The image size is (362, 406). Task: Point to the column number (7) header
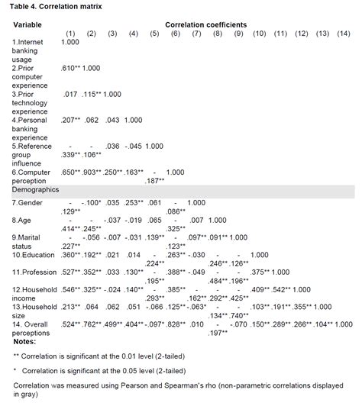click(x=196, y=33)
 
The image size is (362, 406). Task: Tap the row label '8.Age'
click(x=21, y=219)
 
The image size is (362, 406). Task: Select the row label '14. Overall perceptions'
click(x=34, y=327)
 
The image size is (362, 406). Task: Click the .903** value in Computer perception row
click(x=91, y=172)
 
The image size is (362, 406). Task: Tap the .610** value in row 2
click(x=71, y=68)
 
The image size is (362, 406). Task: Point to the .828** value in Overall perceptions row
click(x=176, y=324)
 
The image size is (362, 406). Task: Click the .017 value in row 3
click(x=71, y=94)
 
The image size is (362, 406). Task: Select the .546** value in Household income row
click(x=71, y=290)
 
